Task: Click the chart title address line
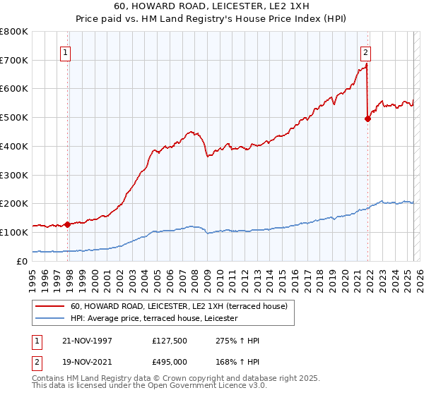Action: pyautogui.click(x=211, y=6)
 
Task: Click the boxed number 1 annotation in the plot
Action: pyautogui.click(x=65, y=51)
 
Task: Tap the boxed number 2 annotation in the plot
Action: pyautogui.click(x=365, y=51)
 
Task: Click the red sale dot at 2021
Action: pyautogui.click(x=368, y=119)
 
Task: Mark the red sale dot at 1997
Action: pyautogui.click(x=68, y=224)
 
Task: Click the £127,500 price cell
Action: pyautogui.click(x=168, y=341)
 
